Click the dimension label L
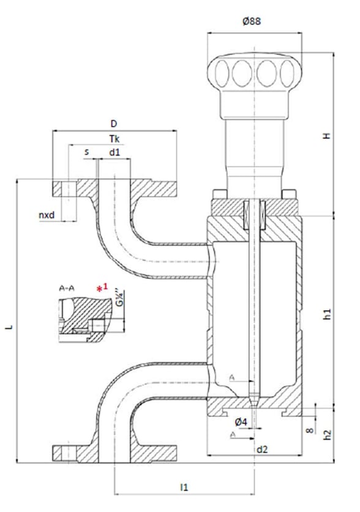(x=9, y=328)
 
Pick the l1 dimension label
(x=184, y=487)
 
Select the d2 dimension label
(x=262, y=450)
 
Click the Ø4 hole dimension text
(x=241, y=421)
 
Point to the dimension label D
(x=113, y=124)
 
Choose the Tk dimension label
(x=114, y=139)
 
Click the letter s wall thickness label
(x=86, y=151)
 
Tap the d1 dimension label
(x=114, y=151)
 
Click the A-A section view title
(x=68, y=288)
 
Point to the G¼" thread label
(x=121, y=301)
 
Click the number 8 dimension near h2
(x=310, y=431)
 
